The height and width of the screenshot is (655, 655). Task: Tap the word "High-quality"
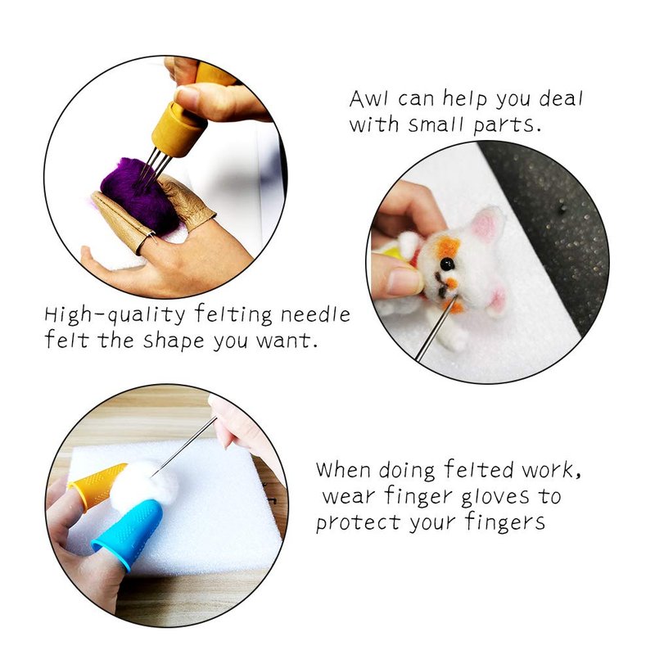115,315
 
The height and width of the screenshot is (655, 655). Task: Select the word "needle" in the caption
315,314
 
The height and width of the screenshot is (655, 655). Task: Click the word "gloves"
495,497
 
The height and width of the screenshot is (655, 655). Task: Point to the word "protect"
358,522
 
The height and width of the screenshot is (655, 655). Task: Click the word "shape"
174,341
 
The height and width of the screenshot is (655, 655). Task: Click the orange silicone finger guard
96,486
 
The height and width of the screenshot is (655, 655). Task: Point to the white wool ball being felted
145,482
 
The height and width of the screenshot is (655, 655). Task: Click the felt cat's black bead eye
447,264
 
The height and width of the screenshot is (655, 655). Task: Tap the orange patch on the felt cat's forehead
448,246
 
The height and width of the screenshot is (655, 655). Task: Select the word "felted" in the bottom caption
479,469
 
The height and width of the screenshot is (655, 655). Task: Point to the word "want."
287,341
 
